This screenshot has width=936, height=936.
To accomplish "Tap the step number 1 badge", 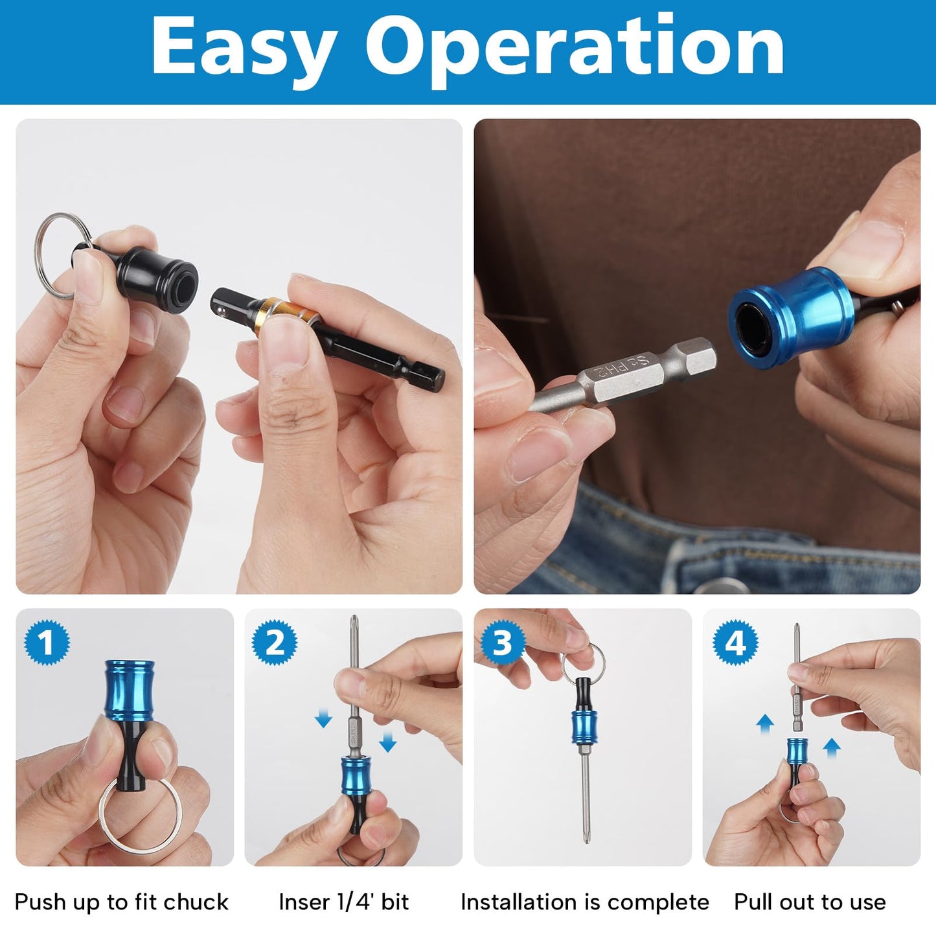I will coord(47,643).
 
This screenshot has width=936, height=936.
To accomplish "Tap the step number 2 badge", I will coord(275,643).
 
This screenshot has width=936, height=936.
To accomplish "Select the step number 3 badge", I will coord(503,643).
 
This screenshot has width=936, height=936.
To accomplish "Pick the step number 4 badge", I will coord(735,643).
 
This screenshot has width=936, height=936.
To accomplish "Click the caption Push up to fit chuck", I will coord(122,902).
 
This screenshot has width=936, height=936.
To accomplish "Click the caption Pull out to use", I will coord(810,902).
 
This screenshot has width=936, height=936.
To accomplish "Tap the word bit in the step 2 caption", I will coord(394,902).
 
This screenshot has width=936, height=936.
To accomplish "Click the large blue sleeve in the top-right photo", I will coord(794,317).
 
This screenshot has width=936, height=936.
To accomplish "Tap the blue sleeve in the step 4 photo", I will coord(797,751).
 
